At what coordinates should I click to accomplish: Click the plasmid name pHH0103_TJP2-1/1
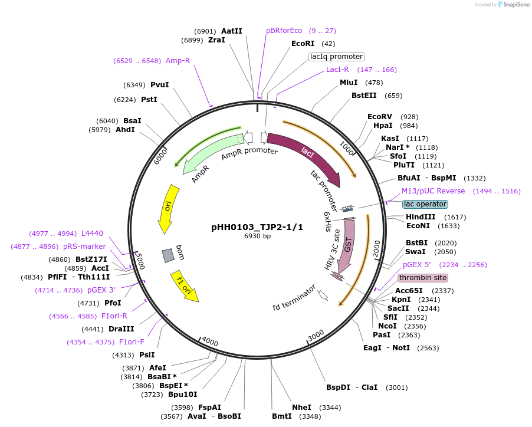pos(257,227)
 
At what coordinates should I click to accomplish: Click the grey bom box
pos(169,255)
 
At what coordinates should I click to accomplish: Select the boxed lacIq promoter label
pos(337,57)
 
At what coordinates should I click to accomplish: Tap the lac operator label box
pos(425,204)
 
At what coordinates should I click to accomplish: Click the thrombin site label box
pos(422,278)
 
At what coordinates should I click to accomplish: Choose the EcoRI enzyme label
pos(303,44)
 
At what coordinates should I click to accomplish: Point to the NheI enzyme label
pos(301,408)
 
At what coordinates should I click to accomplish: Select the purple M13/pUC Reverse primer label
pos(433,191)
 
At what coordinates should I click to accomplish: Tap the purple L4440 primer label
pos(92,234)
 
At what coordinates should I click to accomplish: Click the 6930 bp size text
pos(257,237)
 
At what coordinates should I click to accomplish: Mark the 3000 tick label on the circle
pos(316,334)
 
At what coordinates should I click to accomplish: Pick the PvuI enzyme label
pos(159,85)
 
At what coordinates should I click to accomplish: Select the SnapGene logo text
pos(514,5)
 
